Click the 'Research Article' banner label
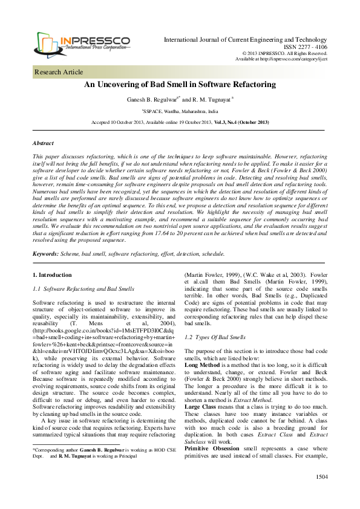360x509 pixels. pos(59,72)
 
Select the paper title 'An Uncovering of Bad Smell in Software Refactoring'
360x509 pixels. pos(180,85)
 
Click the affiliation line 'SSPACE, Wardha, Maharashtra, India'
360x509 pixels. pos(180,111)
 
